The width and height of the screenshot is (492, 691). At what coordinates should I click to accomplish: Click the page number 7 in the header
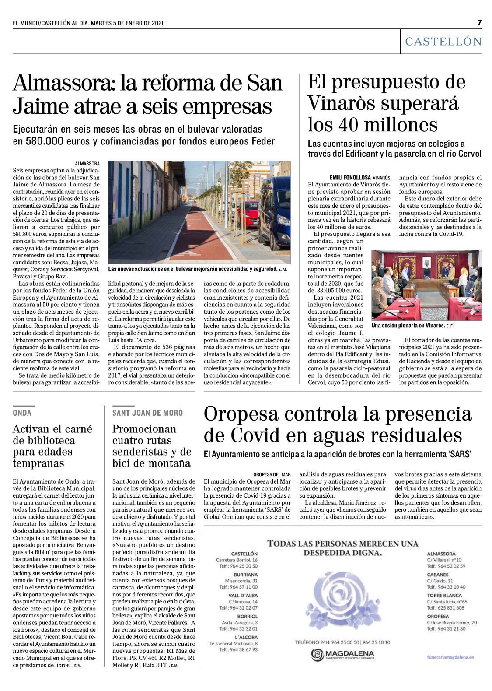click(479, 22)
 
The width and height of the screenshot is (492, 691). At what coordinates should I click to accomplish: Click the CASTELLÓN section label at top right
click(443, 42)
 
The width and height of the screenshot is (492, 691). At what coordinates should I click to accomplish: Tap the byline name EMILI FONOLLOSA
click(349, 178)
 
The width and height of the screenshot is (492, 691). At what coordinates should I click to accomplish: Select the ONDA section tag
click(22, 413)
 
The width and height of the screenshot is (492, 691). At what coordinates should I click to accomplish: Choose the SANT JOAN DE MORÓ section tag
click(148, 413)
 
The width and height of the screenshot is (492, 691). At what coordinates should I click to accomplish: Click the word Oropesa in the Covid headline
click(244, 414)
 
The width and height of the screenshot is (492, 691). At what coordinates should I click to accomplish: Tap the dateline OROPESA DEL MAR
click(272, 474)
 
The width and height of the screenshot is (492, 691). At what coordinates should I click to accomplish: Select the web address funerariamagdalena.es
click(450, 657)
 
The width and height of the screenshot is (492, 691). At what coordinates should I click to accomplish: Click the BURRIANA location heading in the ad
click(245, 575)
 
